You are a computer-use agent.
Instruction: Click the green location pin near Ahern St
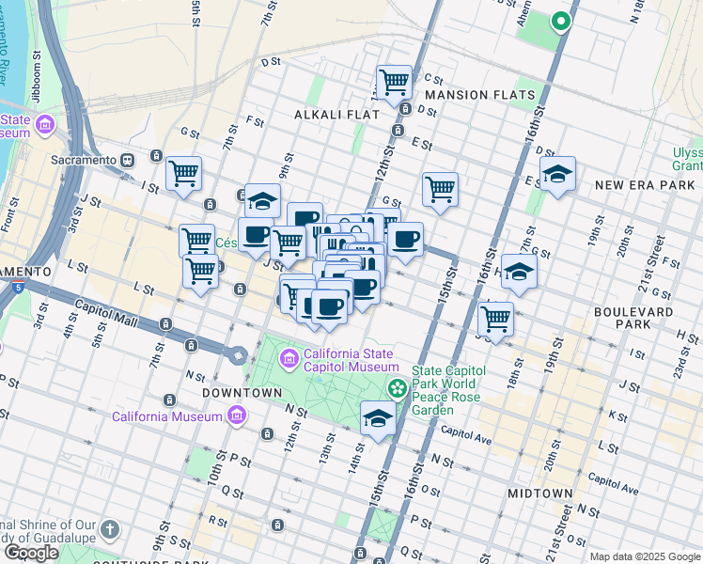(x=561, y=21)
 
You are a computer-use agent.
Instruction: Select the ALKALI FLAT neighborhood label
(x=336, y=114)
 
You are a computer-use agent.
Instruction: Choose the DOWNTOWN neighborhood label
(x=248, y=392)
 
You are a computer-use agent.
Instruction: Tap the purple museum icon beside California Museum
(x=235, y=415)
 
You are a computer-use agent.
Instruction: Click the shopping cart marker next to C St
(x=394, y=82)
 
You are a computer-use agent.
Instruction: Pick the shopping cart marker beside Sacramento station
(x=183, y=173)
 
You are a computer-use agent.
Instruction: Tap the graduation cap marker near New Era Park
(x=557, y=174)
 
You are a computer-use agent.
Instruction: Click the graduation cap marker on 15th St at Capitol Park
(x=378, y=418)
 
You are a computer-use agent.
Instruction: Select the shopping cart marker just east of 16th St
(x=495, y=318)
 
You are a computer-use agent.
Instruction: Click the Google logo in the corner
(x=31, y=553)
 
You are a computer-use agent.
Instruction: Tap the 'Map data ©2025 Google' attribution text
(x=645, y=556)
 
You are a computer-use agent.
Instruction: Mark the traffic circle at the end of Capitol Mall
(x=237, y=355)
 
